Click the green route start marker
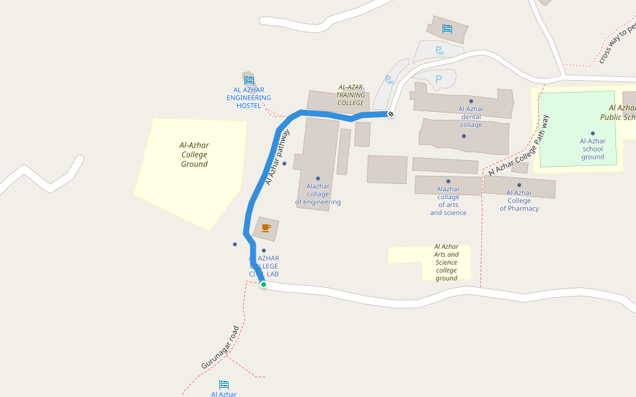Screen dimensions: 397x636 264,285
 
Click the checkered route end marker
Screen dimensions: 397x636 391,114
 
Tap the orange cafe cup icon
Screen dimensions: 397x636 266,228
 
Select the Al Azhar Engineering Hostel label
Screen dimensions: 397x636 248,98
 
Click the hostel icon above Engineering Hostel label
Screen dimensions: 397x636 249,80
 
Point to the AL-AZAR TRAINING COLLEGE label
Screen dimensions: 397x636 351,95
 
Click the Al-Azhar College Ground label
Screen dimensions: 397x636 194,155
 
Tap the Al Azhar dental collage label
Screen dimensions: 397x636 471,117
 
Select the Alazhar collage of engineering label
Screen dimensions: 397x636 318,195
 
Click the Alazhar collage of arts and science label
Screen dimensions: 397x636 448,200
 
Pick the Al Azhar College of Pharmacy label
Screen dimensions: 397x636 519,200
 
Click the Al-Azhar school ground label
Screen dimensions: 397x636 592,149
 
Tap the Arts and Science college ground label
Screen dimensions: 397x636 447,262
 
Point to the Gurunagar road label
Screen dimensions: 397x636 219,347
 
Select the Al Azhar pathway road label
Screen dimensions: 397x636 278,157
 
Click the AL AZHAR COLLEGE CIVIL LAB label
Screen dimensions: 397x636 264,266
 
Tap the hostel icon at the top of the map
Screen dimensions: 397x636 447,28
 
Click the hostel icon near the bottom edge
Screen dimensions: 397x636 224,384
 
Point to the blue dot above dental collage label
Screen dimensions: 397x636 471,101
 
